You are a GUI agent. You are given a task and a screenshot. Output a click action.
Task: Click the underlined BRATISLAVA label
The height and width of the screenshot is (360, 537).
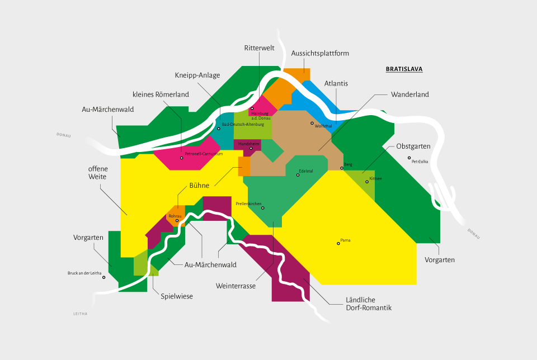(x=404, y=70)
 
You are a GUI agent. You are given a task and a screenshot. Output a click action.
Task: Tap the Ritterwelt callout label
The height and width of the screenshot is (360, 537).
(x=259, y=48)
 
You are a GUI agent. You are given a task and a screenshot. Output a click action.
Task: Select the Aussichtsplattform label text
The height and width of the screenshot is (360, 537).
(x=320, y=53)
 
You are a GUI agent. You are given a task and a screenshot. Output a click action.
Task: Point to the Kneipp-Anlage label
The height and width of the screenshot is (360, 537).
(x=197, y=75)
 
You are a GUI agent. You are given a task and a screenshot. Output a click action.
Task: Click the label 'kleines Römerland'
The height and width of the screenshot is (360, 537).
(x=161, y=94)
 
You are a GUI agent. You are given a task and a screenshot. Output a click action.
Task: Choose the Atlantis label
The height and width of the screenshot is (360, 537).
(x=336, y=83)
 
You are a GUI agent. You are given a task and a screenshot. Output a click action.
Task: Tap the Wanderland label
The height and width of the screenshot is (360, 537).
(x=409, y=94)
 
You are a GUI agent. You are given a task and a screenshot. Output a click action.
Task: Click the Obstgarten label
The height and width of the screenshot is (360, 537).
(x=413, y=146)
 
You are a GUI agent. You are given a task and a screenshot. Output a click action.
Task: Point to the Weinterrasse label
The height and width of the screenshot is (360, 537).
(x=235, y=286)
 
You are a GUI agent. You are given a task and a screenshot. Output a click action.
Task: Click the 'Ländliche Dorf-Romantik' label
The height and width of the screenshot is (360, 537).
(x=368, y=304)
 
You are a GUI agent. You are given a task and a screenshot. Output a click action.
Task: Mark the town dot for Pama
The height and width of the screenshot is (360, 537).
(x=338, y=243)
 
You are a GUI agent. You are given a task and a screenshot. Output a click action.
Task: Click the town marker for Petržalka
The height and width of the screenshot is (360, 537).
(x=409, y=158)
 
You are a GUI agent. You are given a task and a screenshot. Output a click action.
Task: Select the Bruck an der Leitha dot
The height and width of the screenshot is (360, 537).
(x=103, y=277)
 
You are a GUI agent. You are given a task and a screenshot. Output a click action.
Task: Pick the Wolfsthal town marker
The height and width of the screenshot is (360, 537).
(x=312, y=123)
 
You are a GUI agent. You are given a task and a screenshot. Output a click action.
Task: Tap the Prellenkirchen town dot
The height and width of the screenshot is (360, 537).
(x=262, y=208)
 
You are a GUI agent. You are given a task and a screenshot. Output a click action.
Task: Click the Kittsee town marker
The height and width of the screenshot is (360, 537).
(x=367, y=181)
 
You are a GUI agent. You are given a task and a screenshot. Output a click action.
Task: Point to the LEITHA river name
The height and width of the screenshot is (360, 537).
(x=81, y=314)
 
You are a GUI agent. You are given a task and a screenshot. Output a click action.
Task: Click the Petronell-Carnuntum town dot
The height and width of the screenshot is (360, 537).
(x=181, y=158)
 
